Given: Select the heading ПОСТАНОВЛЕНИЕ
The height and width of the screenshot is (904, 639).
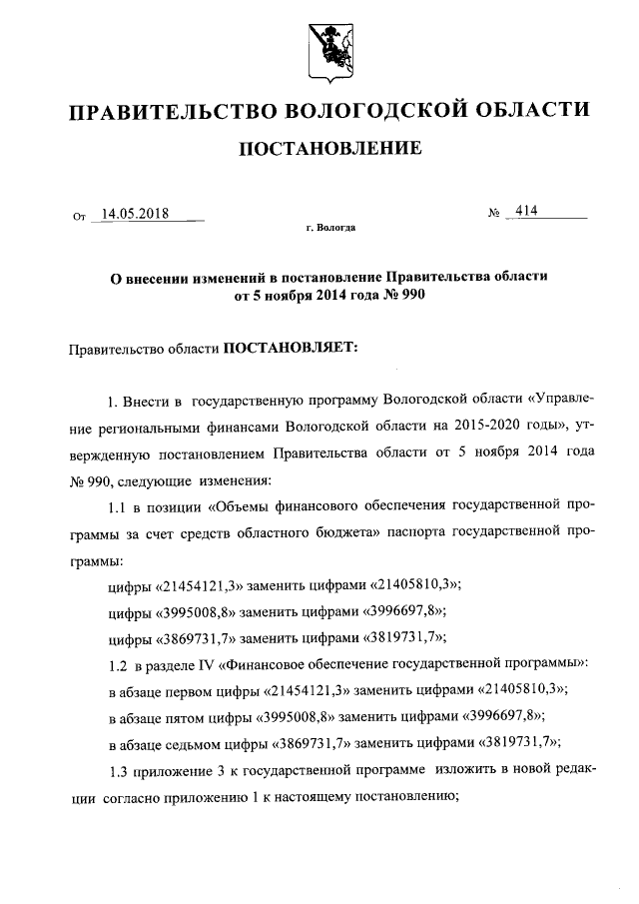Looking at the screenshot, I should pos(328,150).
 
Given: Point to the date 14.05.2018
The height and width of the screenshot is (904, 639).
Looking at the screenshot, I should pos(135,213).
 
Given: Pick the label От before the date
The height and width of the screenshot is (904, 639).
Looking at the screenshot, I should pos(81,216).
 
